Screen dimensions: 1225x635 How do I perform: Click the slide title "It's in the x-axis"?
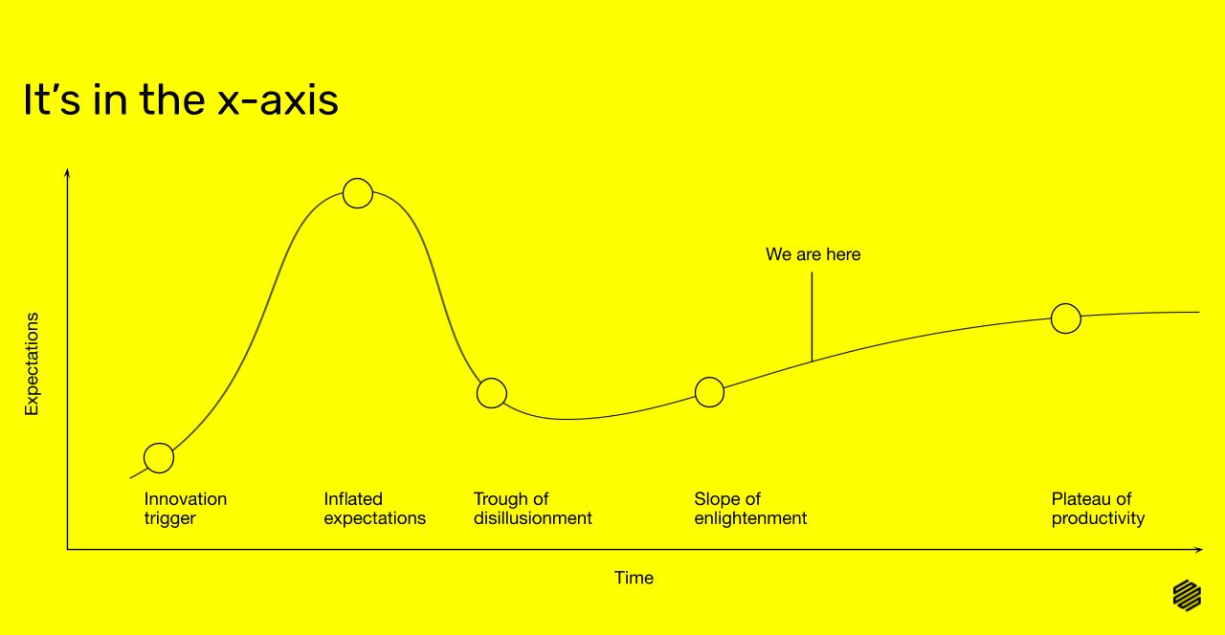pyautogui.click(x=181, y=99)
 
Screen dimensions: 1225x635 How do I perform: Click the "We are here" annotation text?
pyautogui.click(x=813, y=254)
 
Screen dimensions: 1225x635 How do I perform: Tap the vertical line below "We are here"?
pyautogui.click(x=813, y=317)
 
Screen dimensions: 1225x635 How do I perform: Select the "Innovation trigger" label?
pyautogui.click(x=186, y=508)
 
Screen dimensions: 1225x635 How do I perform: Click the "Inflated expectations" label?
pyautogui.click(x=374, y=508)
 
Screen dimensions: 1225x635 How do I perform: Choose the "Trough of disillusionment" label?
pyautogui.click(x=533, y=508)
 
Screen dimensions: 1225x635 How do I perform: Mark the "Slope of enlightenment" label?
pyautogui.click(x=750, y=508)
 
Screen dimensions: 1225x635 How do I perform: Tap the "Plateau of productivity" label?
pyautogui.click(x=1098, y=508)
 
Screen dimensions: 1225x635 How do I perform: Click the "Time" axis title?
pyautogui.click(x=634, y=578)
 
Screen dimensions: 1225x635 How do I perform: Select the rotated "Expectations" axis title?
pyautogui.click(x=32, y=364)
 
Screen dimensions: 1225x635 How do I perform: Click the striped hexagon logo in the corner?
pyautogui.click(x=1188, y=595)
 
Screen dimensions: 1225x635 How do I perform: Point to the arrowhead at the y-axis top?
pyautogui.click(x=67, y=172)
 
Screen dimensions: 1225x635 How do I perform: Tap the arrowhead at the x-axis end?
pyautogui.click(x=1199, y=549)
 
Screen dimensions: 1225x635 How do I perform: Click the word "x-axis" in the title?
pyautogui.click(x=278, y=100)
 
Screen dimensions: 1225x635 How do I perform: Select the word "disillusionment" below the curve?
pyautogui.click(x=533, y=518)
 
